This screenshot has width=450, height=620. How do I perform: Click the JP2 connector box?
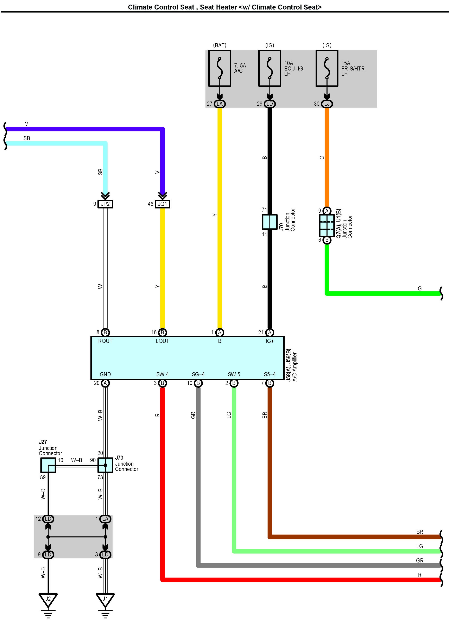[105, 204]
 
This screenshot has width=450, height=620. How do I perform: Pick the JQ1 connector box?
[162, 204]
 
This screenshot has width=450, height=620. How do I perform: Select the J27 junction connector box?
[48, 465]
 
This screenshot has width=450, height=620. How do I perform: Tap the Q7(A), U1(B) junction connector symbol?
[327, 225]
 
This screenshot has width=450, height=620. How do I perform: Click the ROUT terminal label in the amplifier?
[105, 341]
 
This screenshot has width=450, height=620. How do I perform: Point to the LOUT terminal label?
[162, 341]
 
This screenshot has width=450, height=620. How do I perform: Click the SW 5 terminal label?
[234, 374]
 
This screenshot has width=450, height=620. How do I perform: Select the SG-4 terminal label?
[198, 374]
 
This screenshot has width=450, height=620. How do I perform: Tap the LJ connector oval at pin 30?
[327, 104]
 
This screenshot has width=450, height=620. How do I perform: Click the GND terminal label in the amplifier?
[105, 374]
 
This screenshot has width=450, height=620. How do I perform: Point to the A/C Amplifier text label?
[294, 367]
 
